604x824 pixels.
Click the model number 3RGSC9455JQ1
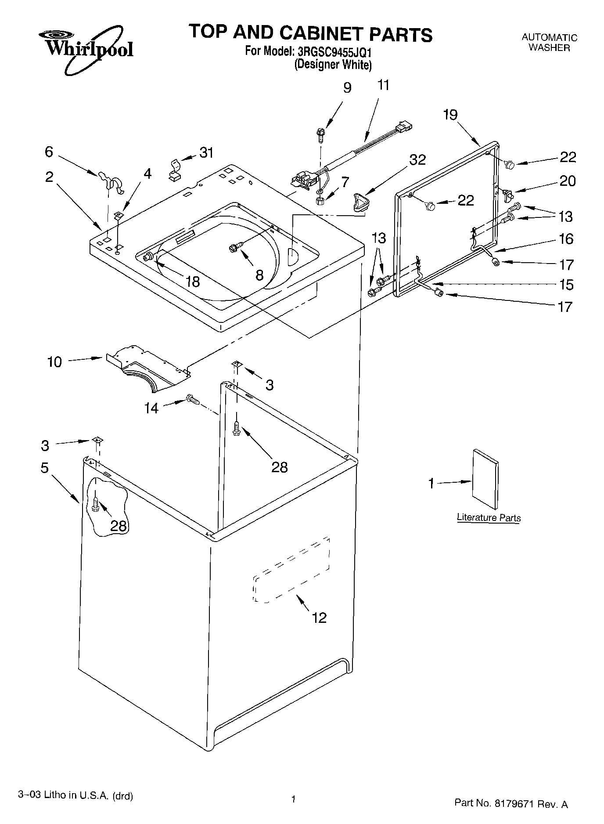pyautogui.click(x=334, y=52)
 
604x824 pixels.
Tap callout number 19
pyautogui.click(x=450, y=115)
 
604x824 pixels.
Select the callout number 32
pyautogui.click(x=417, y=160)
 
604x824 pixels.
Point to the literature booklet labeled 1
pyautogui.click(x=485, y=480)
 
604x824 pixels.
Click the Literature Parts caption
pyautogui.click(x=489, y=517)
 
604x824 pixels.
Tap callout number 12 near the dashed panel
pyautogui.click(x=319, y=618)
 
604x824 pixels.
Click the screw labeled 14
pyautogui.click(x=192, y=400)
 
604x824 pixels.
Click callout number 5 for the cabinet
pyautogui.click(x=44, y=468)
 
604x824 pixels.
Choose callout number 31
pyautogui.click(x=206, y=152)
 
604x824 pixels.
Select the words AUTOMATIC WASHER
pyautogui.click(x=549, y=43)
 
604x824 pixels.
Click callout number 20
pyautogui.click(x=567, y=181)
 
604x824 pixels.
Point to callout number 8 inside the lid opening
pyautogui.click(x=259, y=275)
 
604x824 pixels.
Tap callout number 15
pyautogui.click(x=567, y=285)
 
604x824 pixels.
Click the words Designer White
pyautogui.click(x=333, y=65)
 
